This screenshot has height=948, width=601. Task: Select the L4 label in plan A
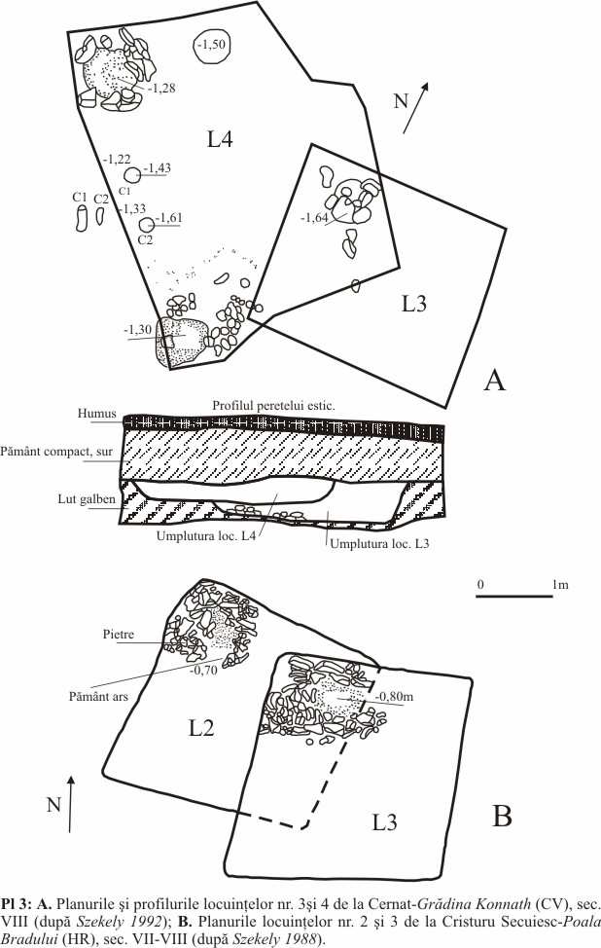point(220,140)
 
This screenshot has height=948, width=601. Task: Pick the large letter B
point(502,816)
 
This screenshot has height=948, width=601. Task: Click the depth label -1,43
point(157,168)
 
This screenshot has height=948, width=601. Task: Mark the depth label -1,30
point(137,330)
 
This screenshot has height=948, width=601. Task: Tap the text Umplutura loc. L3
point(379,545)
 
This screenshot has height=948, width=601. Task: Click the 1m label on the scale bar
point(559,584)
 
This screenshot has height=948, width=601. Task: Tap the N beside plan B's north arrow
point(55,804)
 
